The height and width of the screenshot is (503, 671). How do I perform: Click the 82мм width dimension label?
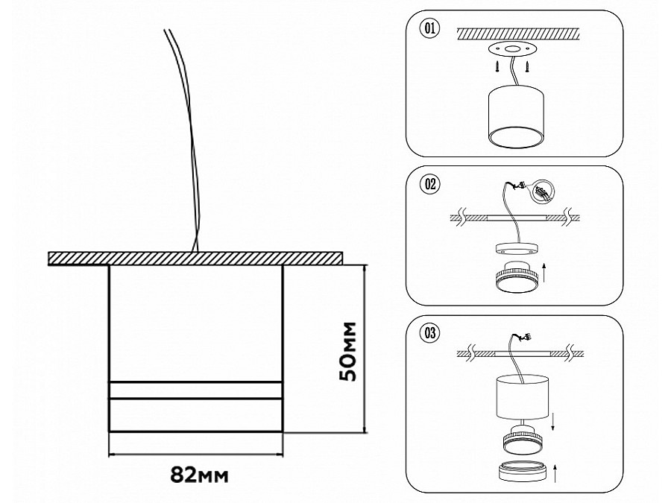tap(197, 474)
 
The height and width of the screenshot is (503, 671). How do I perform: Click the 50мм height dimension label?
tap(347, 352)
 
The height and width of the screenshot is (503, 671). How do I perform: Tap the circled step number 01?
tap(429, 30)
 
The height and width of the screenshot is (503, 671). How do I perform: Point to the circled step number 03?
tap(429, 333)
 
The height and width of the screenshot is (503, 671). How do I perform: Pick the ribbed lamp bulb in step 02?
tap(514, 278)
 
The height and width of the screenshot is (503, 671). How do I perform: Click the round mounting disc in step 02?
tap(514, 249)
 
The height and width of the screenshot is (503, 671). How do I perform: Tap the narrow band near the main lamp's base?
tap(196, 390)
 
